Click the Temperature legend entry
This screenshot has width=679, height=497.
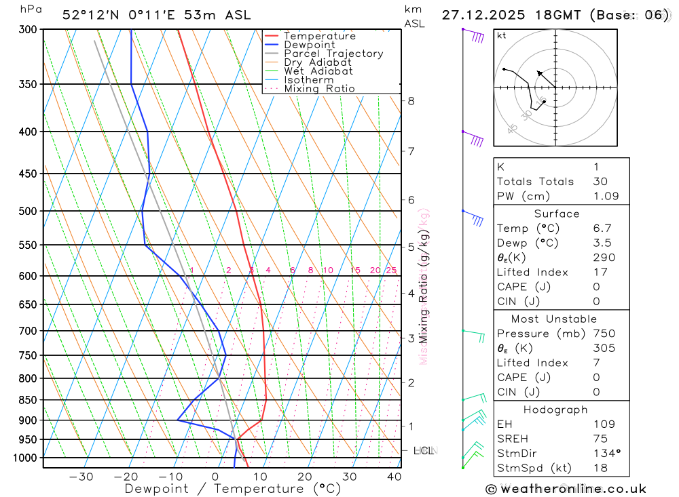coord(319,36)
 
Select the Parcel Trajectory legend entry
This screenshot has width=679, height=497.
coord(333,54)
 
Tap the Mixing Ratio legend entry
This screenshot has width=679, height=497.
coord(319,89)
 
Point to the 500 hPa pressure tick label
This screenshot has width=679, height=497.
coord(29,211)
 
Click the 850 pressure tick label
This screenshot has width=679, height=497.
coord(29,400)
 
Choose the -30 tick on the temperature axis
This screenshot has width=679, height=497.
coord(81,477)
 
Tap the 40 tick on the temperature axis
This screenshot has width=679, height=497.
coord(394,477)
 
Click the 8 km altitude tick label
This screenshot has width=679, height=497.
coord(411,101)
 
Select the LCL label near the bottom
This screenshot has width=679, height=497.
coord(424,450)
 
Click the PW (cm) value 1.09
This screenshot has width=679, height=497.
coord(606,196)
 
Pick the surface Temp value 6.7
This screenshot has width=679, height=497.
coord(602,228)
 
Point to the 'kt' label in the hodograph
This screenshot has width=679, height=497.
coord(502,35)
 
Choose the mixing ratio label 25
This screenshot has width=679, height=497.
coord(391,270)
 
